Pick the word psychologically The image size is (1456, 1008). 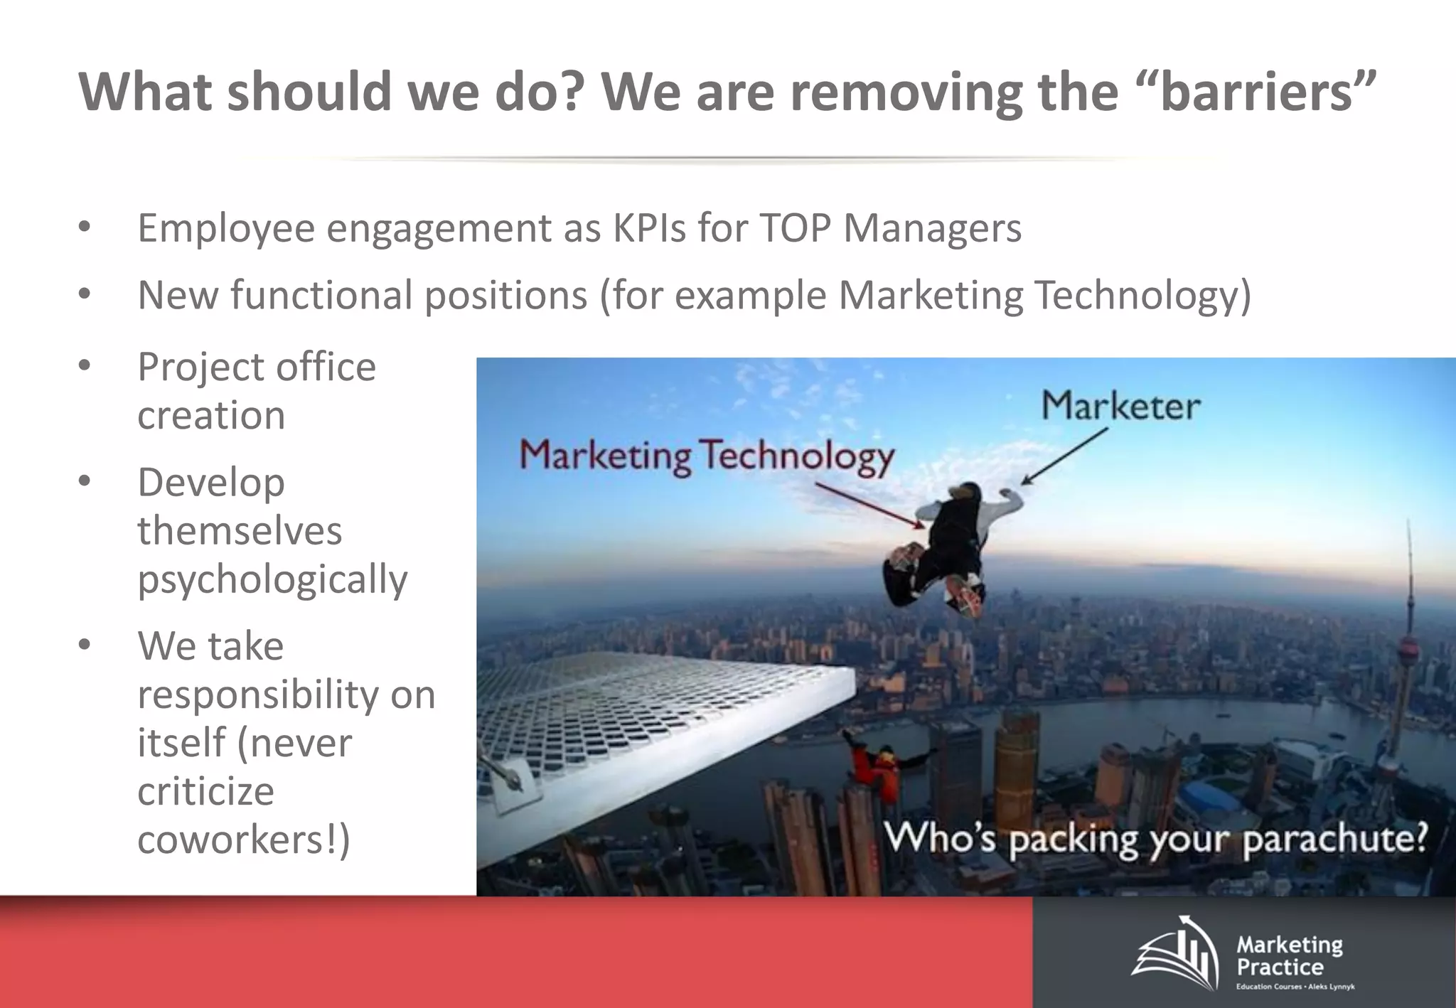pos(272,579)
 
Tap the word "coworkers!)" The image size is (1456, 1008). pos(244,840)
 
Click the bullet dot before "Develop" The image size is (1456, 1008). pos(85,482)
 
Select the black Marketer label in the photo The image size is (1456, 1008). pos(1121,407)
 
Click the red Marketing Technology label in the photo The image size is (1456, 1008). pos(707,456)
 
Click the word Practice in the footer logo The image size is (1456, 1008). pos(1280,967)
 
